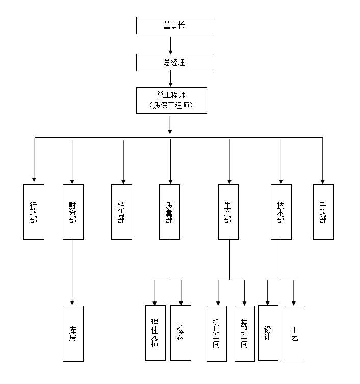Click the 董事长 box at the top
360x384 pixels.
point(174,25)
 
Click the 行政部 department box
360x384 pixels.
point(34,212)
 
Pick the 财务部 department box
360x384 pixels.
point(73,212)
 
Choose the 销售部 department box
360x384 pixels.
point(121,212)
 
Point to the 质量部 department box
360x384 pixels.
point(169,212)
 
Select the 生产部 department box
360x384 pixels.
point(228,212)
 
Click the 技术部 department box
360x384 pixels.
point(281,212)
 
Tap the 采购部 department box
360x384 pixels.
point(323,212)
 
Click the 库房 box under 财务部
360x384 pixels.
point(73,334)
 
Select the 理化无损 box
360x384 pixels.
point(155,333)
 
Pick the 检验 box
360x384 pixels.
point(181,333)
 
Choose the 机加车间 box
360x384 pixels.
point(216,333)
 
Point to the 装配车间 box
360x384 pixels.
point(244,333)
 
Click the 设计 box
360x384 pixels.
point(268,333)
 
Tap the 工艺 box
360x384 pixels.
point(295,333)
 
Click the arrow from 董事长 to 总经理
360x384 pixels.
point(171,44)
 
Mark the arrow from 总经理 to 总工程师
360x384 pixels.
point(171,79)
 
